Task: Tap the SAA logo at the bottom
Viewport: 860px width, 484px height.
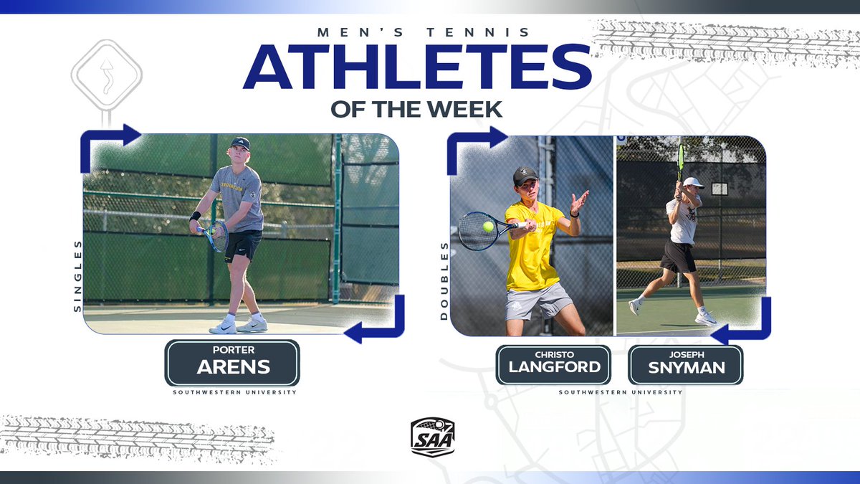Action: pos(432,435)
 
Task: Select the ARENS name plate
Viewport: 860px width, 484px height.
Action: pos(232,363)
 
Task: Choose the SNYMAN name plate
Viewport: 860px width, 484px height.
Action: pos(685,364)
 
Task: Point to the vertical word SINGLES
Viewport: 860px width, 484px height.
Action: pos(77,275)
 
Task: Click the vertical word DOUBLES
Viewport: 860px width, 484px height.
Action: pos(444,280)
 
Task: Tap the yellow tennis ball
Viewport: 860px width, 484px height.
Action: pos(488,227)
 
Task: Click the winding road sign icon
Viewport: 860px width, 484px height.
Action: pos(107,74)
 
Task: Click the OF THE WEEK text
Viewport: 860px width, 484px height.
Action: pos(417,110)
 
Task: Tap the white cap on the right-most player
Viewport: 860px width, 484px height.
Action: pos(693,183)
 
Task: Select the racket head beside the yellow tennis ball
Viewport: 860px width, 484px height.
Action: pos(475,229)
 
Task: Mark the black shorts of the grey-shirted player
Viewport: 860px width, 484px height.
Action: pos(244,245)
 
